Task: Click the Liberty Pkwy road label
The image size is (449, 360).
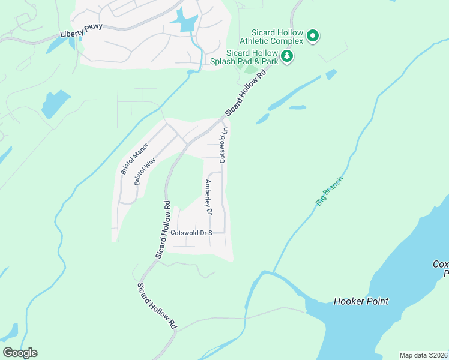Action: (x=81, y=31)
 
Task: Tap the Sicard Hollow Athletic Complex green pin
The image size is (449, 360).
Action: (x=312, y=37)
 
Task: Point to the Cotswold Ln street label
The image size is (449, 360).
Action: (x=223, y=144)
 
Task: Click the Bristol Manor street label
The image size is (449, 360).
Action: (x=134, y=158)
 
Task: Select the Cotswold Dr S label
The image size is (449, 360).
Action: (x=191, y=233)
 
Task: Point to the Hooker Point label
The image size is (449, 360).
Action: (x=361, y=301)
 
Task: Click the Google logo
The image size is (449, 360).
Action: (x=20, y=352)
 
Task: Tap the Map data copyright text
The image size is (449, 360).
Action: (x=423, y=355)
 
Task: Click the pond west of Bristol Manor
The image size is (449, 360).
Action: (x=55, y=103)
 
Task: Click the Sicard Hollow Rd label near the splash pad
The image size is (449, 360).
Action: (x=245, y=95)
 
